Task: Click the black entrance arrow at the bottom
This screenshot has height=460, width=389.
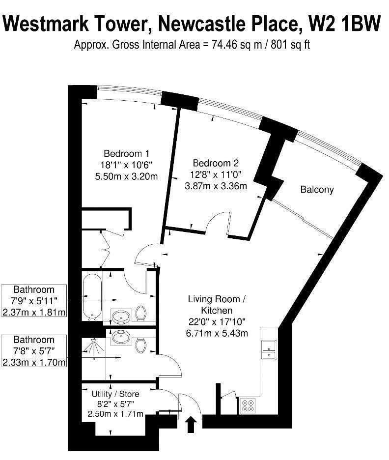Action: coord(191,424)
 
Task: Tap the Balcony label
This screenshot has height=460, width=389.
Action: coord(317,189)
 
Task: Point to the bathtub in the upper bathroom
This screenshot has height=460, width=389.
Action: coord(92,297)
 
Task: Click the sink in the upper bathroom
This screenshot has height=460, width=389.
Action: coord(120,315)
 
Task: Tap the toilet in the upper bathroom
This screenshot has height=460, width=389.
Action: coord(141,313)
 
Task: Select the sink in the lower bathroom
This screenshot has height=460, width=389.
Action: coord(120,338)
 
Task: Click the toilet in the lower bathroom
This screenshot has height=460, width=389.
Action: coord(141,345)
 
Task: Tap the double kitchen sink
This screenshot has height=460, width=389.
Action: coord(268,349)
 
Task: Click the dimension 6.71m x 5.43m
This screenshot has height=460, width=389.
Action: coord(217,333)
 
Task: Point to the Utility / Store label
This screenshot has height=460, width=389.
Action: coord(115,394)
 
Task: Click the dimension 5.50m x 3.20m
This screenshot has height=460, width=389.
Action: coord(126,176)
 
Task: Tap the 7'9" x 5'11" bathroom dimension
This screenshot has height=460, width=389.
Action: coord(34,301)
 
